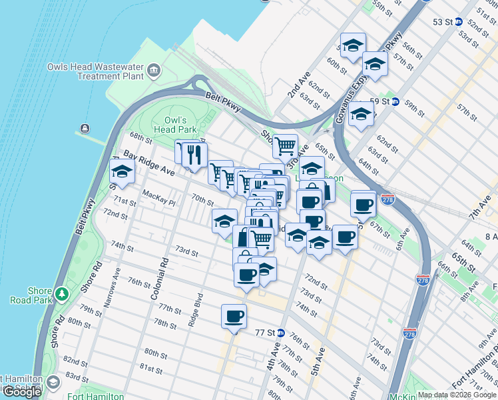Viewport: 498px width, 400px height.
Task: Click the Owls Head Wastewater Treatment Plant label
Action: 95,71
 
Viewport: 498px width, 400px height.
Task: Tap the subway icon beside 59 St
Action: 395,102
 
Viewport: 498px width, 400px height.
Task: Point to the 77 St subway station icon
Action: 281,333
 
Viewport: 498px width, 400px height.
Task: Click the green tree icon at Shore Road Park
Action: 62,293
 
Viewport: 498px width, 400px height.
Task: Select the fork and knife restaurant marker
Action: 194,155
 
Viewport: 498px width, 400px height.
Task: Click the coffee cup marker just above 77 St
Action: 233,316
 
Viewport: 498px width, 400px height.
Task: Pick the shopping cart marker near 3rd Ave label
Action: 285,145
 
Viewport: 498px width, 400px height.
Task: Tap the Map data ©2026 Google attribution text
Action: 457,395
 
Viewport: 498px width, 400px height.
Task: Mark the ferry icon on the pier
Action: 85,129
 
